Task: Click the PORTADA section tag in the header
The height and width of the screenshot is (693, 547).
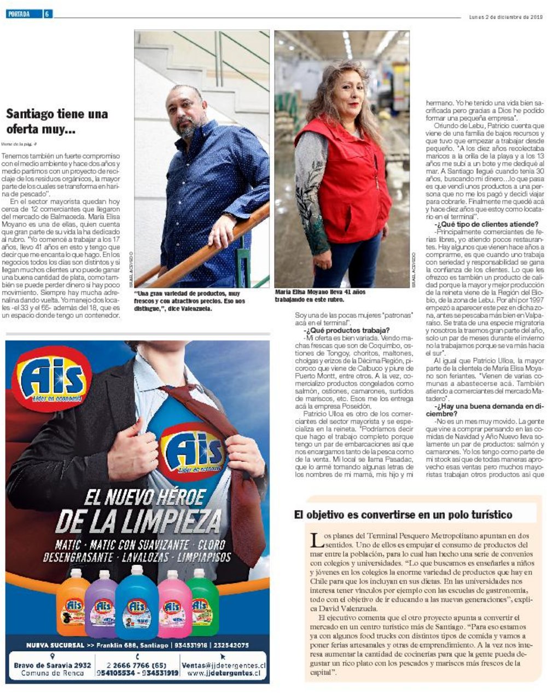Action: click(19, 14)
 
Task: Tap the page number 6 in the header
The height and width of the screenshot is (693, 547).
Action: click(48, 14)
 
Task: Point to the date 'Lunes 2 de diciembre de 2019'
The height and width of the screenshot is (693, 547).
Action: click(505, 16)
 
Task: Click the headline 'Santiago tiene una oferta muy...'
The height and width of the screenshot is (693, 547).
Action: click(57, 122)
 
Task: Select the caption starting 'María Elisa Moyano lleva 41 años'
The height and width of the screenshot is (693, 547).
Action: click(321, 296)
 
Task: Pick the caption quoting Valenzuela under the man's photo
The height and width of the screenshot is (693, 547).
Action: click(190, 301)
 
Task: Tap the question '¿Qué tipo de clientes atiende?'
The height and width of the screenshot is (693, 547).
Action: click(486, 224)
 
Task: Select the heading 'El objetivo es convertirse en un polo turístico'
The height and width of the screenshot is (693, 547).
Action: click(403, 515)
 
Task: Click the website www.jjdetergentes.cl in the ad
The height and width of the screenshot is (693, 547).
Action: click(226, 673)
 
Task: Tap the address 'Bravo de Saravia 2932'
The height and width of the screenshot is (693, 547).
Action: click(53, 665)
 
